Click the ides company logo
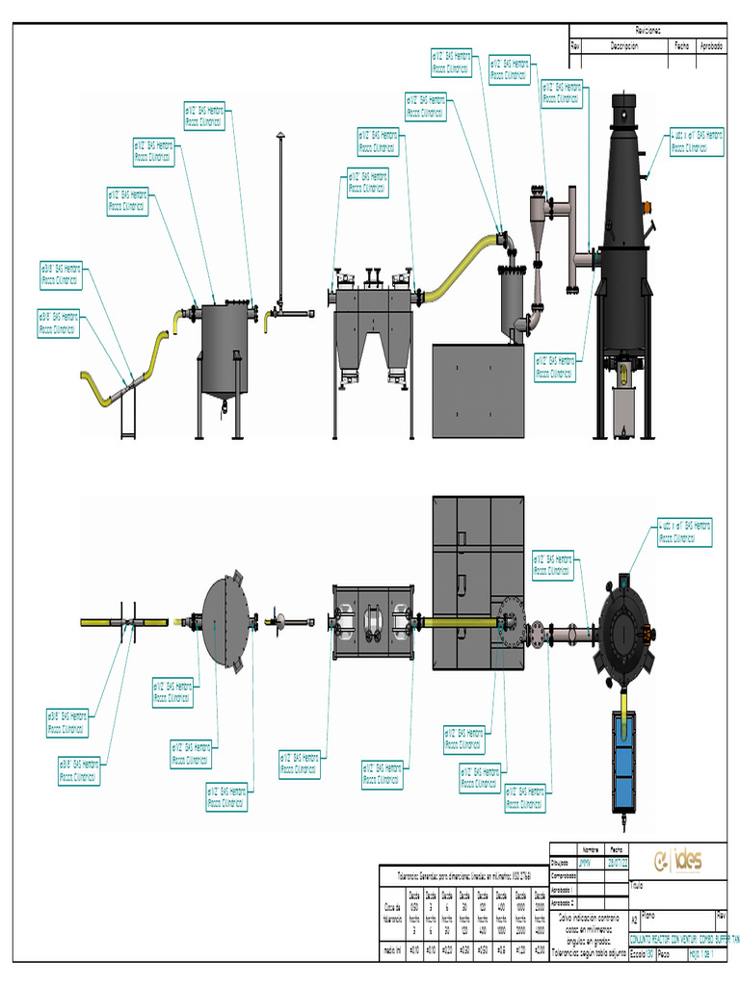click(678, 860)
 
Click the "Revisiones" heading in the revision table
click(647, 31)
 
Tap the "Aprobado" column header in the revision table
click(711, 45)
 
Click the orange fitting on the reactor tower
click(647, 204)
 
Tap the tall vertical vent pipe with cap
click(278, 217)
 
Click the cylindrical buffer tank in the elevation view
click(225, 349)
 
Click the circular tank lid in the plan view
click(225, 622)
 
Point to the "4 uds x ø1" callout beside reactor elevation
click(696, 142)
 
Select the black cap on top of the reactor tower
click(624, 102)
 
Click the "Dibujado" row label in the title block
click(562, 863)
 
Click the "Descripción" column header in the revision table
click(624, 45)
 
